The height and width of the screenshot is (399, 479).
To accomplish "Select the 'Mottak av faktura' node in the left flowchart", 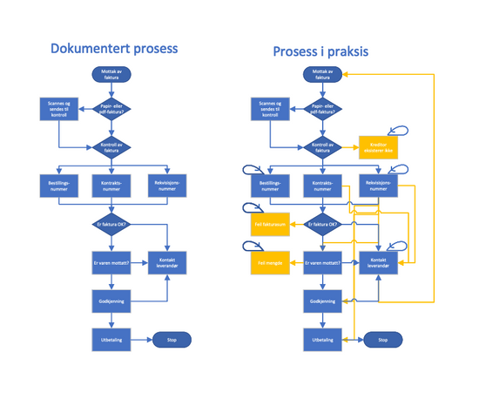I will [x=111, y=74].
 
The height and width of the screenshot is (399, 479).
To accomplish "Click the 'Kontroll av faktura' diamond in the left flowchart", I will [x=111, y=148].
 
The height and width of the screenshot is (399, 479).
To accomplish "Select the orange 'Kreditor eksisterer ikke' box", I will [x=378, y=148].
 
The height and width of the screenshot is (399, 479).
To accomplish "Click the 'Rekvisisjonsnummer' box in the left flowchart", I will [x=166, y=185].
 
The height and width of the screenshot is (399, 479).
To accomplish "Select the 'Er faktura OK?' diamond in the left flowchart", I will [x=111, y=225].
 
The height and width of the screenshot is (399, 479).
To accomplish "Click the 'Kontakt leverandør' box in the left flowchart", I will [x=166, y=262].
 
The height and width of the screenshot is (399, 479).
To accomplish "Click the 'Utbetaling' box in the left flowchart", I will [x=111, y=340].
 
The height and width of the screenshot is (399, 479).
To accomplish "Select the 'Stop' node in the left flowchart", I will [x=172, y=340].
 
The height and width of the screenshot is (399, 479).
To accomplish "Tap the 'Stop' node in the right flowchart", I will [x=382, y=340].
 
